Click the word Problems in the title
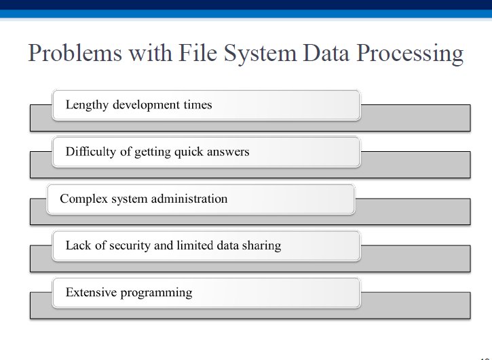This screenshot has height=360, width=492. pos(75,53)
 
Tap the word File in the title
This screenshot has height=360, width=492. pos(198,52)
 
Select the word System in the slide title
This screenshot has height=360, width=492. pos(260,54)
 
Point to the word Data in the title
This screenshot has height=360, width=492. pos(326,53)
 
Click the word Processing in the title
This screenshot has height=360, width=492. pos(410,54)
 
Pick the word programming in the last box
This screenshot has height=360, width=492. pos(156,293)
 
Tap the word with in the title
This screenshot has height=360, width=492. pos(150,52)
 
